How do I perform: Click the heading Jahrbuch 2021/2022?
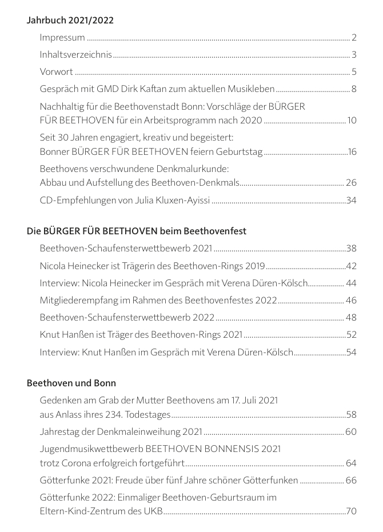coord(70,21)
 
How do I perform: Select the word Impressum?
coord(62,38)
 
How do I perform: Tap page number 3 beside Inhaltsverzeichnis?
coord(354,55)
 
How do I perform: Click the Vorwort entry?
coord(57,72)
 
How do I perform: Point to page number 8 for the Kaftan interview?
coord(354,89)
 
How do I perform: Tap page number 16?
coord(352,151)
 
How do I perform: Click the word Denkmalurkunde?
coord(197,169)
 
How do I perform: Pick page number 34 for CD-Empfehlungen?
coord(351,200)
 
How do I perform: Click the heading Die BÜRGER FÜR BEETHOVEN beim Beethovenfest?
coord(136,231)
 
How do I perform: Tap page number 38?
coord(351,249)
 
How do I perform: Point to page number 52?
coord(351,334)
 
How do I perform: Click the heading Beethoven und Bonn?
coord(71,383)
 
